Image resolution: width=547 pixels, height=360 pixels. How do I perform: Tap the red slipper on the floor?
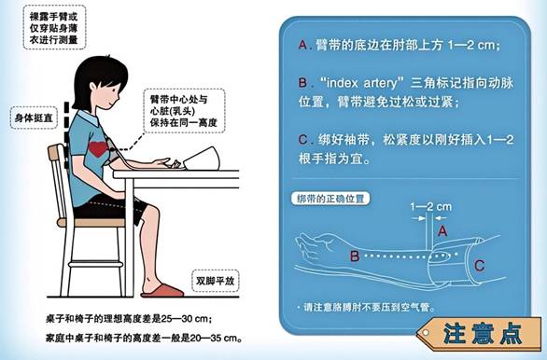coord(162,291)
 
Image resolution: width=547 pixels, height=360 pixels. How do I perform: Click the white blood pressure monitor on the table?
coord(202,159)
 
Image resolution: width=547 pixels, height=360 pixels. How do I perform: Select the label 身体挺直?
coord(34,118)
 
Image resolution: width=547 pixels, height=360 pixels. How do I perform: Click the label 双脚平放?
coord(216,281)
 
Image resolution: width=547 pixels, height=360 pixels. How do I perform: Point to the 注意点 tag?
coord(479,334)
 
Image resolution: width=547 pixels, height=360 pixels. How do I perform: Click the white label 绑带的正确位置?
coord(330,199)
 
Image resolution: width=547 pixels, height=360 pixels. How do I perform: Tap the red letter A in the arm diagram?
coord(442,230)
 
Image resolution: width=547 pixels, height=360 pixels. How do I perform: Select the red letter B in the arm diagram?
coord(355,256)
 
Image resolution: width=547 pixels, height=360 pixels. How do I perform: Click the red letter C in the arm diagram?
coord(479,266)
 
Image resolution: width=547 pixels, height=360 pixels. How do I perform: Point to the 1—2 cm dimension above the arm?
coord(431,207)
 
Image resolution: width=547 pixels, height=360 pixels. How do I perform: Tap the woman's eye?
coord(116,88)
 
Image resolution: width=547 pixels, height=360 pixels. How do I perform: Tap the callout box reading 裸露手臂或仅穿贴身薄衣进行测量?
coord(54,28)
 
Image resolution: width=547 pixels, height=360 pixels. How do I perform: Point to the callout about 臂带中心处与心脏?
coord(184,111)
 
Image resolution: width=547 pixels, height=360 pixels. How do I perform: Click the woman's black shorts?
coord(109,208)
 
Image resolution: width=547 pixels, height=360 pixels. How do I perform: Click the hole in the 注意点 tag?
coord(426,333)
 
